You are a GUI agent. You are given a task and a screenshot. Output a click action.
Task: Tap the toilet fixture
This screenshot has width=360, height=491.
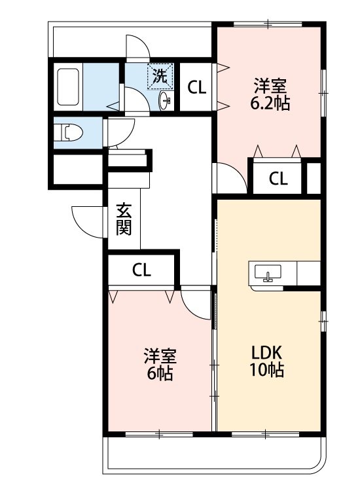click(x=71, y=133)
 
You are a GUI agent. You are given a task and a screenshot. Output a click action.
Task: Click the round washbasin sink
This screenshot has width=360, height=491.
click(x=165, y=100)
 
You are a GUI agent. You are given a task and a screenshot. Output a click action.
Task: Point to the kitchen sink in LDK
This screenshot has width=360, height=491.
click(x=267, y=273)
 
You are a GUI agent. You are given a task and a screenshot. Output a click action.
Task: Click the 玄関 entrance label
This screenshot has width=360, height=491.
click(x=123, y=219)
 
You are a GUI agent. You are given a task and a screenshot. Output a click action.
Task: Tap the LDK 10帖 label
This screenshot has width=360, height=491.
click(x=266, y=361)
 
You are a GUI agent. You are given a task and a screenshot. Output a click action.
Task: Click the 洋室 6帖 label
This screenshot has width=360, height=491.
click(x=159, y=365)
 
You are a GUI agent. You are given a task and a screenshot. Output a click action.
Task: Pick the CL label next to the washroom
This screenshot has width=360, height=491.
click(x=196, y=87)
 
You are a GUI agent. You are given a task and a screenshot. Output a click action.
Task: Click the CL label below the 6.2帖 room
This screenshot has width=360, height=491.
click(x=278, y=177)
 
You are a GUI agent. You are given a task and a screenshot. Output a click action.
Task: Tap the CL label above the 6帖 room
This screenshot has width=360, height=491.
click(x=141, y=270)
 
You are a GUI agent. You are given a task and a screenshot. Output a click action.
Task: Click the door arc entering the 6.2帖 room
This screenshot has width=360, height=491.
click(x=229, y=177)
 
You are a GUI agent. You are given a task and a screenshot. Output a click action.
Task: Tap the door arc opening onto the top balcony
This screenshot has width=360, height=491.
click(x=137, y=48)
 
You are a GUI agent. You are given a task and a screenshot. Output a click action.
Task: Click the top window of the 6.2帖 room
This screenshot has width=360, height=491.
click(x=268, y=25)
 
